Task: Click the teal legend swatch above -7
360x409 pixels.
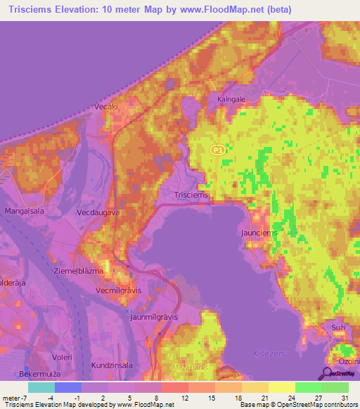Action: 41,387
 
